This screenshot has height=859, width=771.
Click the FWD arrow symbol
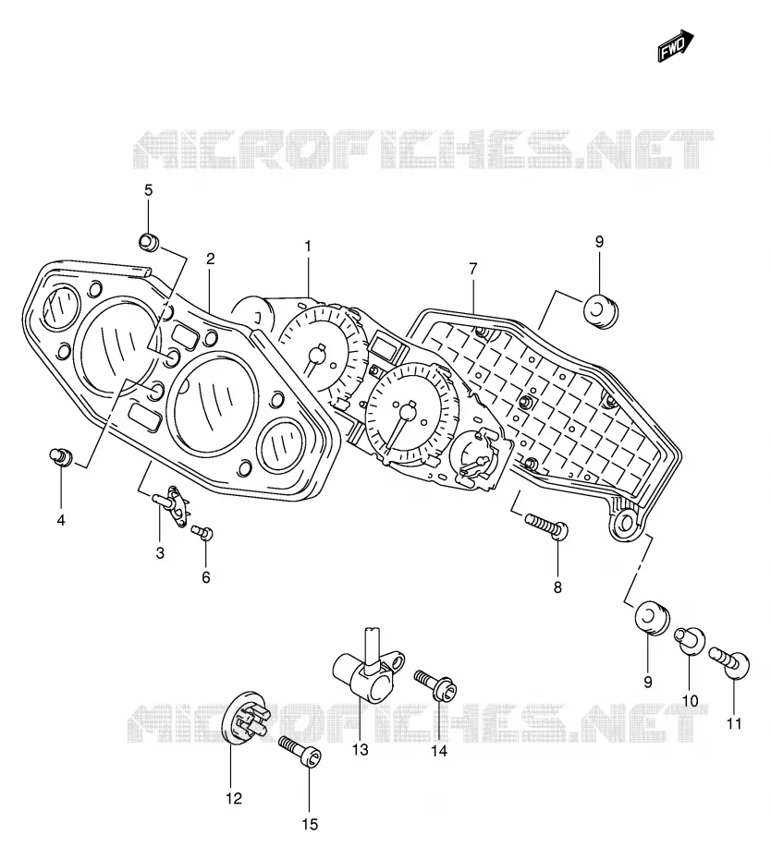click(676, 45)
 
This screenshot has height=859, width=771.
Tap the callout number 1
click(308, 247)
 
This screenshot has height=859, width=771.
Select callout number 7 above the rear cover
click(473, 269)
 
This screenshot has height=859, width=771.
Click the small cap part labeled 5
click(149, 241)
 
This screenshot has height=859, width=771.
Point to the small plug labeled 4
click(61, 455)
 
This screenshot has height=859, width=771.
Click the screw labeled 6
click(202, 532)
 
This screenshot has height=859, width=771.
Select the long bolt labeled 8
click(547, 526)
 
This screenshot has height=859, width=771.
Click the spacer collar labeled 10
click(691, 639)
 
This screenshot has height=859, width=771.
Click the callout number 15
click(310, 824)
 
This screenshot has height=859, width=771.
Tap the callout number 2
click(211, 259)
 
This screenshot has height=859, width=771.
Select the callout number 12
click(234, 798)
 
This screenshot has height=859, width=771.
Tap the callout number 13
click(361, 749)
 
